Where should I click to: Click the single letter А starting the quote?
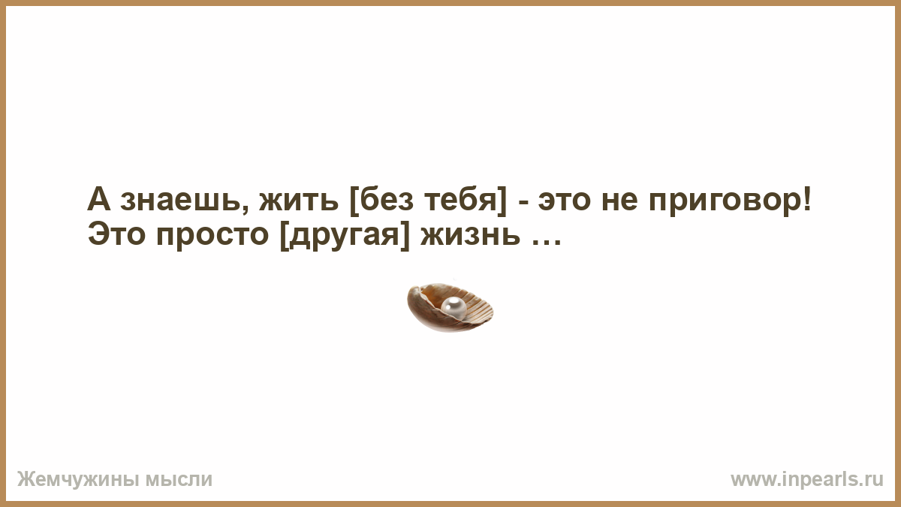pyautogui.click(x=99, y=199)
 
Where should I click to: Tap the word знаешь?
pyautogui.click(x=182, y=201)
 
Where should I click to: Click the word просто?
pyautogui.click(x=212, y=237)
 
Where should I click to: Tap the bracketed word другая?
pyautogui.click(x=345, y=238)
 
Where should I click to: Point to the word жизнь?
pyautogui.click(x=470, y=236)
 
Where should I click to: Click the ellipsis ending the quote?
pyautogui.click(x=547, y=242)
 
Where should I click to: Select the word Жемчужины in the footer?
pyautogui.click(x=78, y=480)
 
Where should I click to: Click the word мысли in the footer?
pyautogui.click(x=179, y=480)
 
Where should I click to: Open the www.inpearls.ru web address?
pyautogui.click(x=807, y=480)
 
